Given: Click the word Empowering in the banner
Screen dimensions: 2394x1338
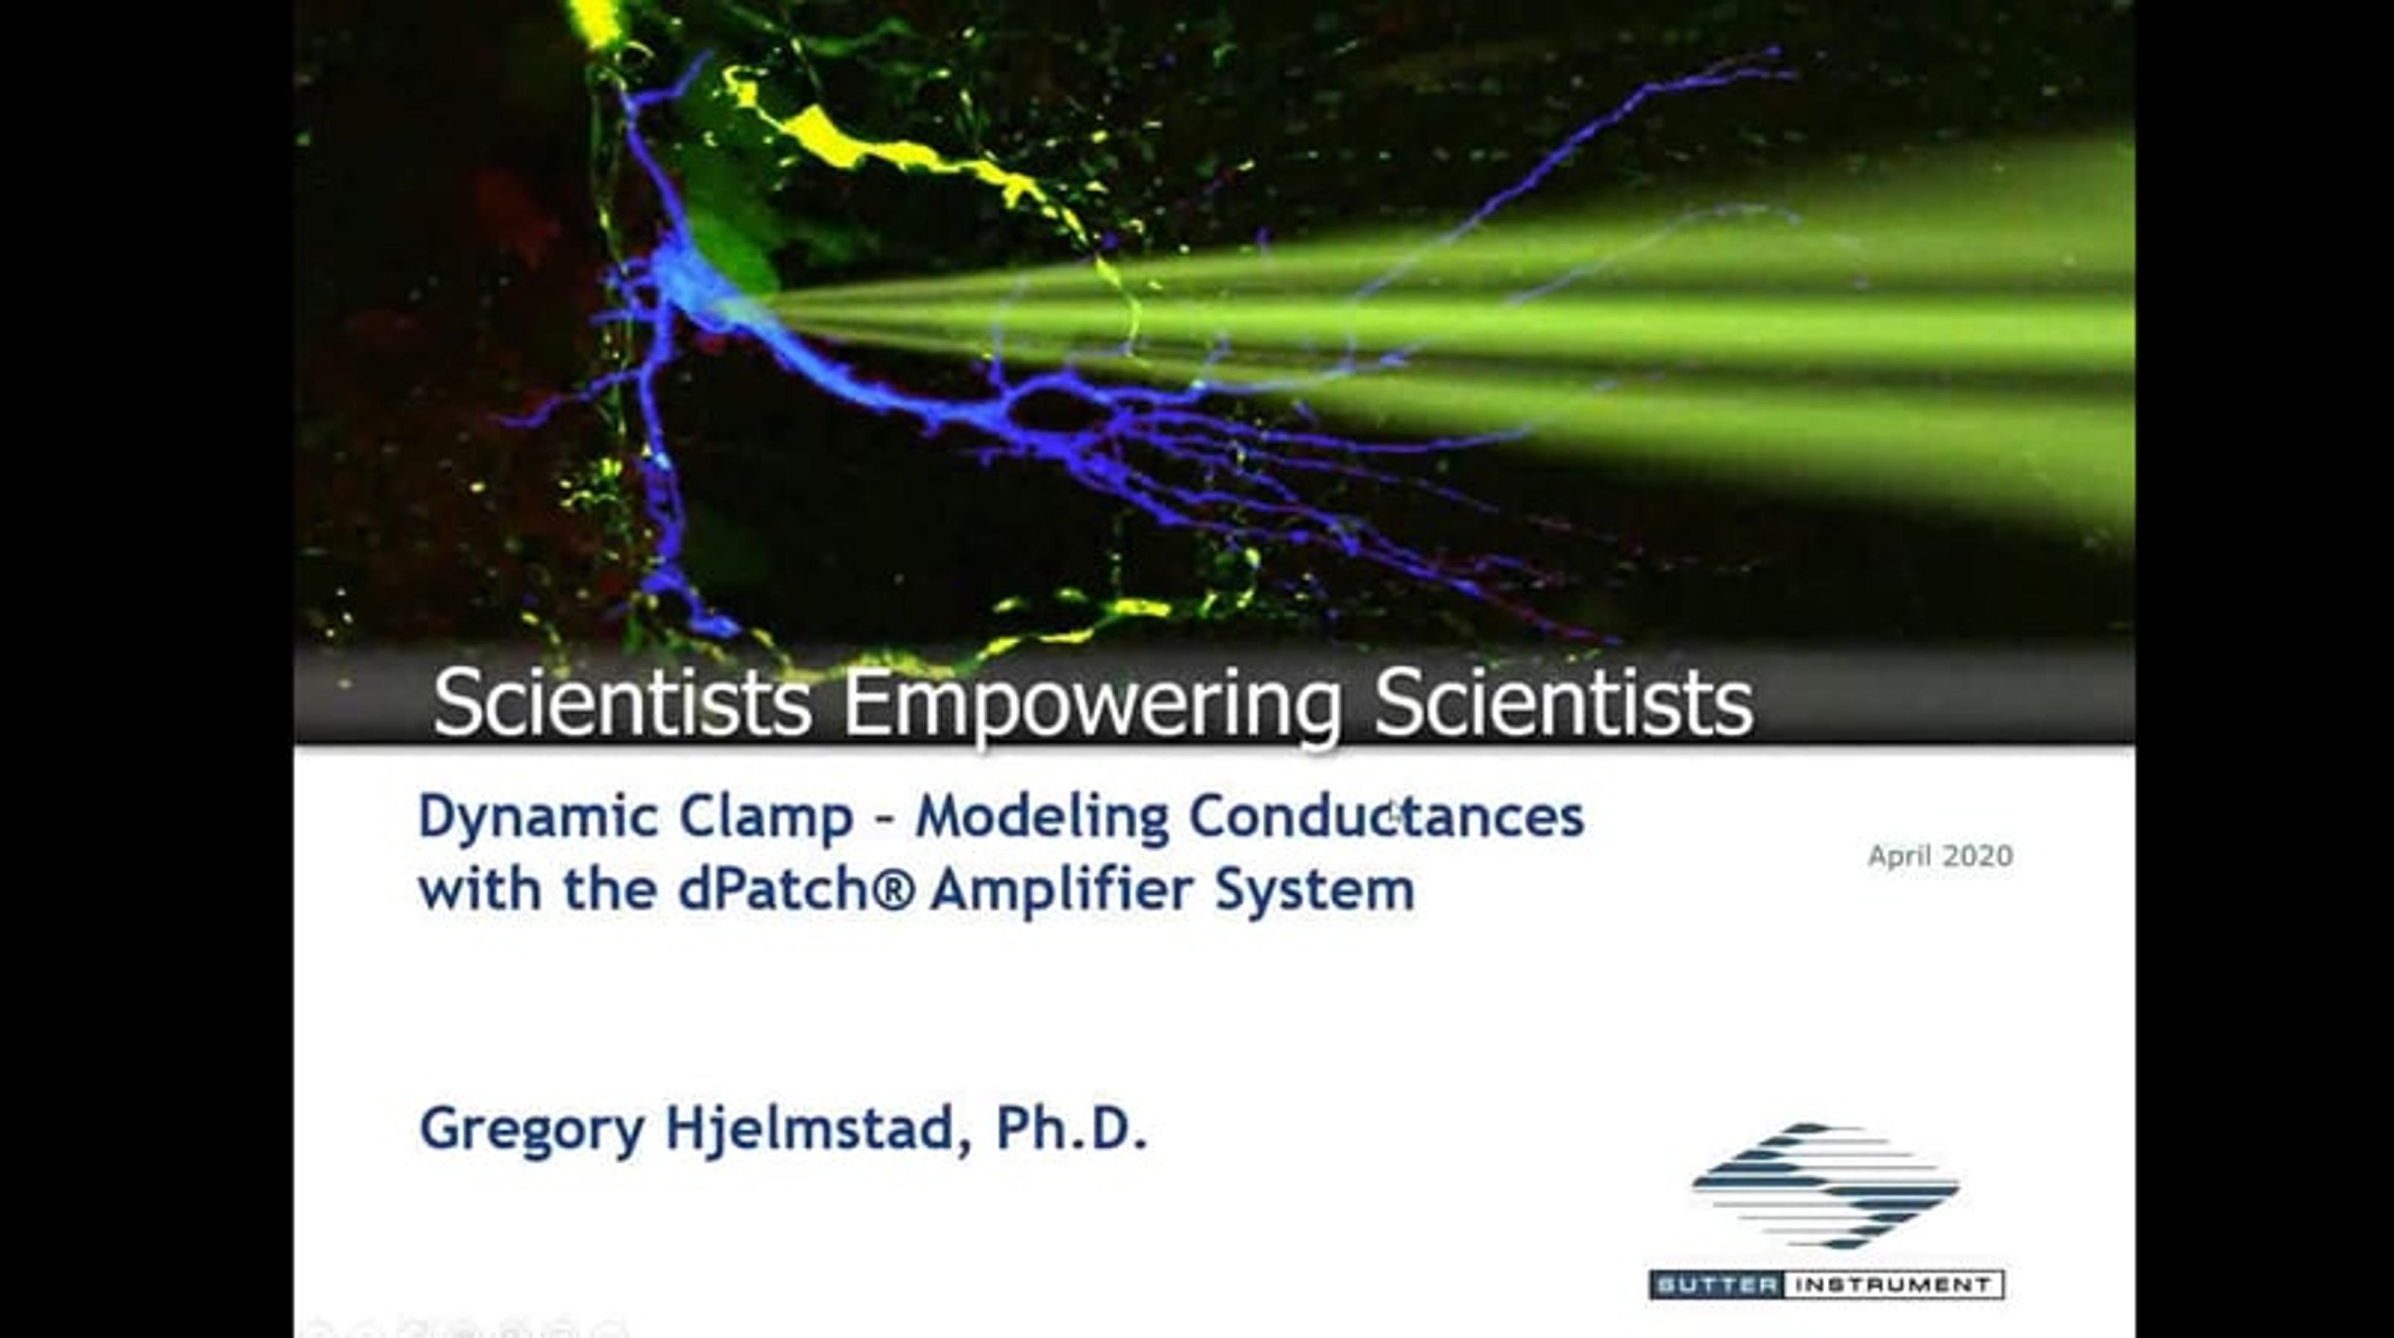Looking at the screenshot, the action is pyautogui.click(x=1091, y=704).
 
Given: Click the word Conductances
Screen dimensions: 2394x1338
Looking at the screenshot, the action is pyautogui.click(x=1387, y=817).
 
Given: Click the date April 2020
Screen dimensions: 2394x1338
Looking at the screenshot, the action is pyautogui.click(x=1941, y=856).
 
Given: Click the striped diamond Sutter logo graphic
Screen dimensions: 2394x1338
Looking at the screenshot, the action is pyautogui.click(x=1825, y=1185).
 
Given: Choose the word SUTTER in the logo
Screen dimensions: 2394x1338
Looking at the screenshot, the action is pyautogui.click(x=1716, y=1285).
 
